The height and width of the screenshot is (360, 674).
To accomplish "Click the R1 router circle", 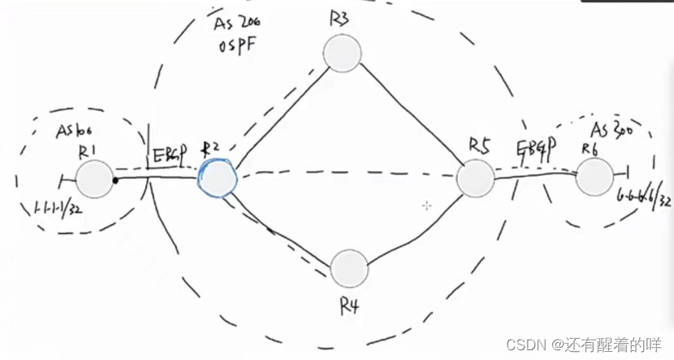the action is [x=94, y=178].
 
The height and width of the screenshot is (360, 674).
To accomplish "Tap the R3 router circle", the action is [x=342, y=53].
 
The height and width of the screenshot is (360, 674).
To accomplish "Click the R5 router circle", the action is [x=474, y=178].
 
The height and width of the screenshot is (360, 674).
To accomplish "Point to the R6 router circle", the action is [x=594, y=176].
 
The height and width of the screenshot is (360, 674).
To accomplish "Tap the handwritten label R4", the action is [x=349, y=307].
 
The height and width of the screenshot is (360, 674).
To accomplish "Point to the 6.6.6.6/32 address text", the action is [x=642, y=197].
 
